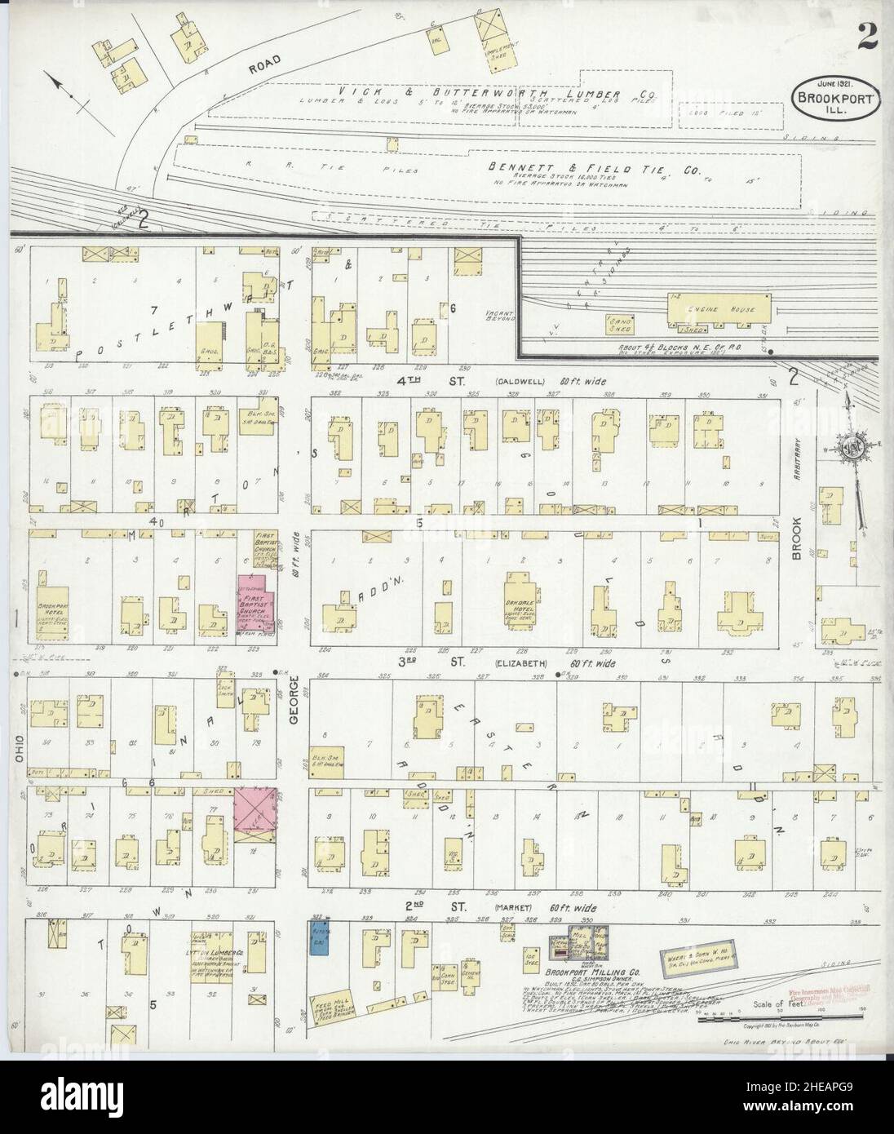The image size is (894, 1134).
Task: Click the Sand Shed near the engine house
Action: click(622, 324)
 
